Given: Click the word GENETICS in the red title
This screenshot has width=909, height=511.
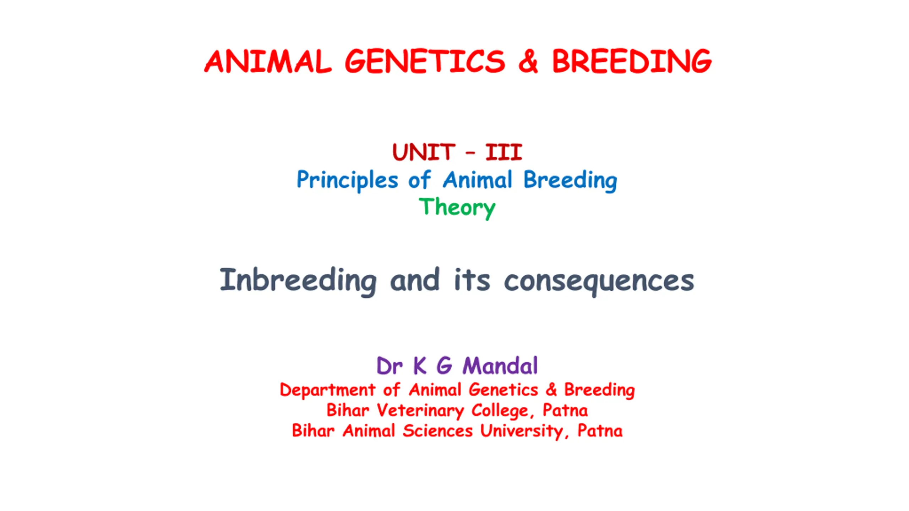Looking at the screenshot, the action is point(425,61).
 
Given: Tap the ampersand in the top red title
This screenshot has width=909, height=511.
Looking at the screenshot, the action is point(528,61).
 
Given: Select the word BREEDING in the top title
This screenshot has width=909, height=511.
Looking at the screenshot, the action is point(632,61).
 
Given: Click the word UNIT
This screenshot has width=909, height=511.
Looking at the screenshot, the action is point(424,152).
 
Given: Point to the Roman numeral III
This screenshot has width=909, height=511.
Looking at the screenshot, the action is point(504,152).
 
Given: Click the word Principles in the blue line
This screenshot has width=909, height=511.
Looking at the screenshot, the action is point(347,180).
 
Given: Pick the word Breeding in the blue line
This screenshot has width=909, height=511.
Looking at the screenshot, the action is point(570,180).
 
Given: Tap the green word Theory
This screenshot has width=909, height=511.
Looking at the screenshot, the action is point(457,208).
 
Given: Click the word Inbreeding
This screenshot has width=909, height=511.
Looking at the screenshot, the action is point(298,281).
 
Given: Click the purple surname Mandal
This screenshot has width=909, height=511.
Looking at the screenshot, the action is point(500,366).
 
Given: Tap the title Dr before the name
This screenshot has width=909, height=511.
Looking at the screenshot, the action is point(390,366).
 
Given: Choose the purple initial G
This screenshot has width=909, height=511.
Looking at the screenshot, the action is point(444,366).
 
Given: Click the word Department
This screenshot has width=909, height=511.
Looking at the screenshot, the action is point(327,390).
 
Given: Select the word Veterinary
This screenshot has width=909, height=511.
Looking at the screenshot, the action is point(420,411).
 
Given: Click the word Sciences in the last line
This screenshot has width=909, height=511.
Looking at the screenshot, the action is point(437,430).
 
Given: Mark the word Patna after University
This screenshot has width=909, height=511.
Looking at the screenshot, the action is point(600,430).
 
